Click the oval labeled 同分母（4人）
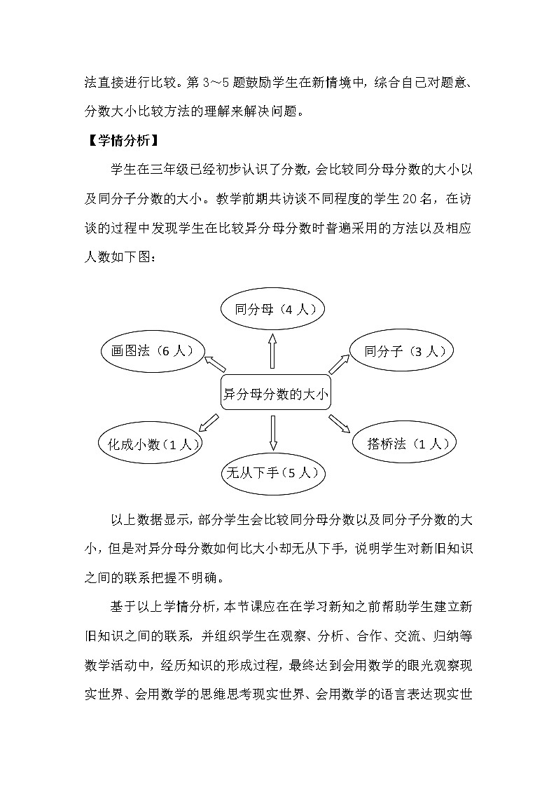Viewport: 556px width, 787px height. [x=273, y=308]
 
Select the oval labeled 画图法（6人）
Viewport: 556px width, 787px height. [x=152, y=350]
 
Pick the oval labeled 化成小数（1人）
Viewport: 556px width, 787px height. [x=151, y=444]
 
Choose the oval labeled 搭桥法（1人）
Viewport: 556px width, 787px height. [x=403, y=444]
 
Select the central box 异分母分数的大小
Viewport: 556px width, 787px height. [x=274, y=395]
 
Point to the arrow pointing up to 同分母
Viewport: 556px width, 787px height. [x=273, y=350]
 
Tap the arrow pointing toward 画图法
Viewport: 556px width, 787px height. [x=215, y=363]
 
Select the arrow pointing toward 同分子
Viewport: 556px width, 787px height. [x=339, y=364]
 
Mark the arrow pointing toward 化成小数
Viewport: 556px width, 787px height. [x=209, y=423]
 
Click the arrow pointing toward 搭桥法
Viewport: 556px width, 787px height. [x=340, y=424]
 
